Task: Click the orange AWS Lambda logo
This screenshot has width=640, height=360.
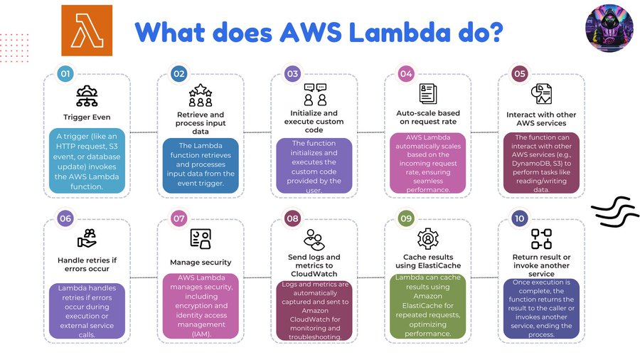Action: click(x=87, y=31)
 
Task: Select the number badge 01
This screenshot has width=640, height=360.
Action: click(x=65, y=73)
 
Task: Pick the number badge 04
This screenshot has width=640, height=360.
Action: click(x=406, y=73)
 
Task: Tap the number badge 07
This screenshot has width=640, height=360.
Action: click(x=179, y=218)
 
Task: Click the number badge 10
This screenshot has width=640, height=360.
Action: click(x=520, y=218)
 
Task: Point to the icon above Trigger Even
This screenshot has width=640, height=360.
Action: click(x=87, y=96)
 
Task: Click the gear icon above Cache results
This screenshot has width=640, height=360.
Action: click(x=427, y=238)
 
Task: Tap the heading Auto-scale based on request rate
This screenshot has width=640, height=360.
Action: click(x=427, y=117)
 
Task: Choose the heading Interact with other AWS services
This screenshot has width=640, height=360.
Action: click(x=541, y=118)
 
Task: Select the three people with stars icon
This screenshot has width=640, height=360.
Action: click(x=201, y=96)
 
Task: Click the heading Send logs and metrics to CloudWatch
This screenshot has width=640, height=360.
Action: click(x=314, y=265)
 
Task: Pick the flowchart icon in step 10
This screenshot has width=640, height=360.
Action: click(x=541, y=238)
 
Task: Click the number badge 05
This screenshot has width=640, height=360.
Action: click(x=520, y=73)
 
